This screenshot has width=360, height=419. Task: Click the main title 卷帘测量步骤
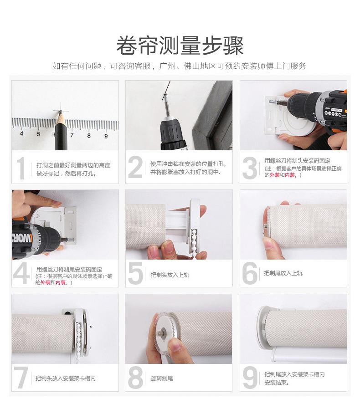[x=180, y=46]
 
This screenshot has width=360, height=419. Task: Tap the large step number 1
[x=21, y=168]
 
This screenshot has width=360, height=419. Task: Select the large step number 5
[x=136, y=273]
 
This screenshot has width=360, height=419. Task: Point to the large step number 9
[x=250, y=377]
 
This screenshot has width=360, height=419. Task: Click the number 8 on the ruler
[x=89, y=135]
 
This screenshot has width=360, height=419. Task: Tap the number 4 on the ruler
[x=21, y=133]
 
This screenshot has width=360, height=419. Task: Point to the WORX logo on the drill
[x=22, y=238]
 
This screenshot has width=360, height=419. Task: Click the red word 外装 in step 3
[x=274, y=175]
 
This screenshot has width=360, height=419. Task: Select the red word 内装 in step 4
[x=61, y=282]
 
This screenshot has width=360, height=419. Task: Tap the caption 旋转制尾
[x=162, y=378]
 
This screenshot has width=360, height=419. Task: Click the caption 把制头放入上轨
[x=170, y=275]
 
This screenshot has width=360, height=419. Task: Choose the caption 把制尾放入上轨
[x=283, y=273]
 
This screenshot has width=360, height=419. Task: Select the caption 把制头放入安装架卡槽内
[x=66, y=378]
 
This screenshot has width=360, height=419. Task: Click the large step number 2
[x=135, y=167]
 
